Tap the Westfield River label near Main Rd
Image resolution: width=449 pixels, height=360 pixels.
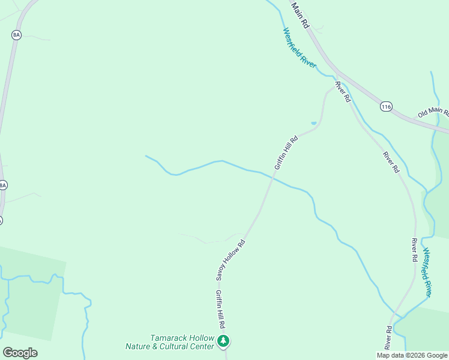(x=300, y=48)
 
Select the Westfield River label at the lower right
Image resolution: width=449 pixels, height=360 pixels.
(x=427, y=272)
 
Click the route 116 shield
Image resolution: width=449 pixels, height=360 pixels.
(x=386, y=106)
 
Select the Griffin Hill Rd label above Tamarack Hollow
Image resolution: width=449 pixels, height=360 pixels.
(x=221, y=308)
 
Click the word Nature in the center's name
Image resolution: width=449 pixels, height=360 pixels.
(x=138, y=347)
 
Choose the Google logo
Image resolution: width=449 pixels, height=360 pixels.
(x=20, y=352)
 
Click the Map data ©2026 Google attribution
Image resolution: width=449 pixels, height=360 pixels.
(x=412, y=355)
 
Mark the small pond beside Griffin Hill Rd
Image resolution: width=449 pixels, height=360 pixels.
(x=313, y=124)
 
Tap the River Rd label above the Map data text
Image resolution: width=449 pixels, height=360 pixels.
(x=388, y=337)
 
